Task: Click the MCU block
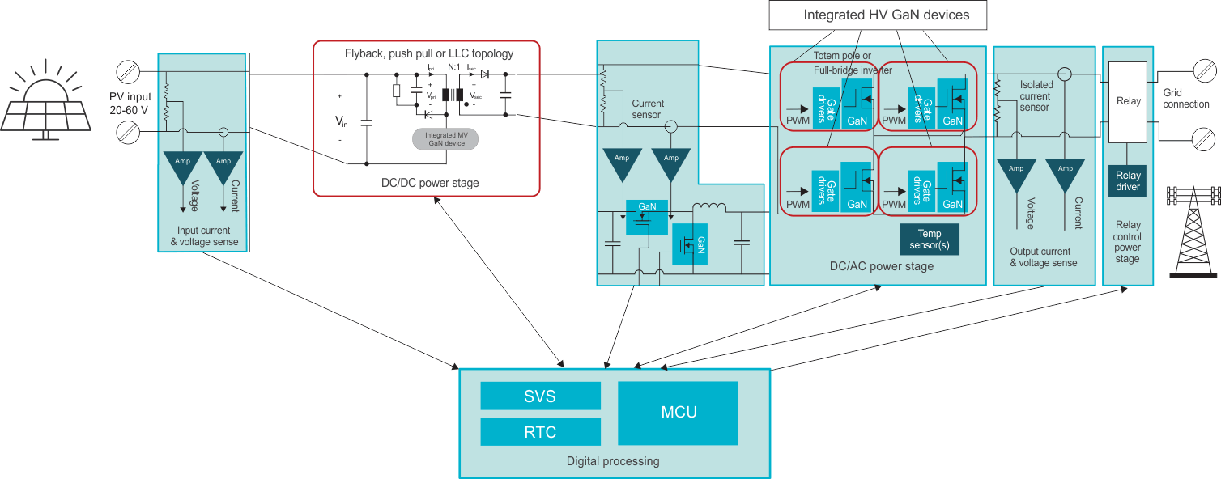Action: pyautogui.click(x=678, y=413)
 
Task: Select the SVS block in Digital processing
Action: pyautogui.click(x=540, y=396)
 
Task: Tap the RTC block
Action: pyautogui.click(x=540, y=432)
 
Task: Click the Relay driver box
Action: pyautogui.click(x=1128, y=181)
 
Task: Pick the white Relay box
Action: pyautogui.click(x=1128, y=101)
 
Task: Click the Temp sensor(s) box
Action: pyautogui.click(x=930, y=239)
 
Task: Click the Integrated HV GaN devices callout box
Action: pyautogui.click(x=886, y=15)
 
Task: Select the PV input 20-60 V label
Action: pyautogui.click(x=130, y=103)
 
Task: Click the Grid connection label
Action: pyautogui.click(x=1186, y=99)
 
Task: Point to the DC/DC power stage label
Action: pyautogui.click(x=430, y=183)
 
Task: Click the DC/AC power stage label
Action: pyautogui.click(x=881, y=266)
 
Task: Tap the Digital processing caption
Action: pyautogui.click(x=612, y=461)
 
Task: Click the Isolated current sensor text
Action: pyautogui.click(x=1035, y=95)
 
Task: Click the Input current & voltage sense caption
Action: pyautogui.click(x=203, y=235)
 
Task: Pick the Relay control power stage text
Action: pyautogui.click(x=1127, y=242)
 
